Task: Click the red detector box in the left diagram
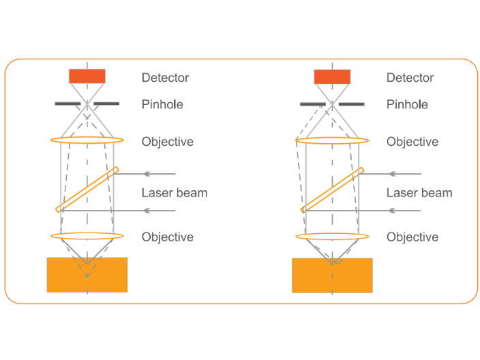[x=87, y=76]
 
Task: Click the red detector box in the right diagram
[x=332, y=76]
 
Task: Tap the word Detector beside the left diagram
[x=165, y=78]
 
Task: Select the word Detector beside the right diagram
[x=410, y=78]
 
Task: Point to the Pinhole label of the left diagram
[x=162, y=104]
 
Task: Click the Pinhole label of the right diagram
[x=407, y=104]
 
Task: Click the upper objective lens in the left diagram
[x=87, y=140]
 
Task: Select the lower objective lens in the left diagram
[x=87, y=236]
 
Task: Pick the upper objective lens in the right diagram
[x=332, y=141]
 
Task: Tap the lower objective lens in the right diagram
[x=332, y=236]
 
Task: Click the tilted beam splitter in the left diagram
[x=87, y=190]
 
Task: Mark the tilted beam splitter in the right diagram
[x=332, y=190]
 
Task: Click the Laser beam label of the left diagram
[x=175, y=193]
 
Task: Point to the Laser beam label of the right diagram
[x=419, y=193]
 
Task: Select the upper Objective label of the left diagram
[x=168, y=142]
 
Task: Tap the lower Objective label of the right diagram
[x=412, y=237]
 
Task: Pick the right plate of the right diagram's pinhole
[x=351, y=104]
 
